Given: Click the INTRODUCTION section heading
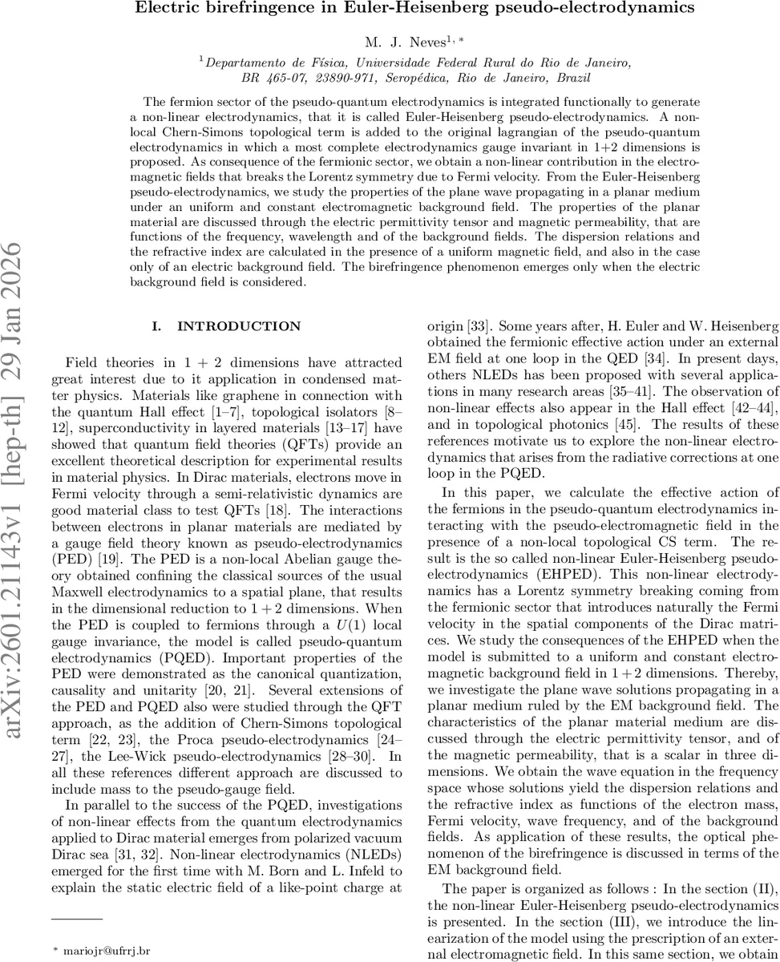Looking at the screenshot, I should (x=239, y=327).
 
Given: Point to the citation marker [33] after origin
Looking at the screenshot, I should (x=480, y=326).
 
